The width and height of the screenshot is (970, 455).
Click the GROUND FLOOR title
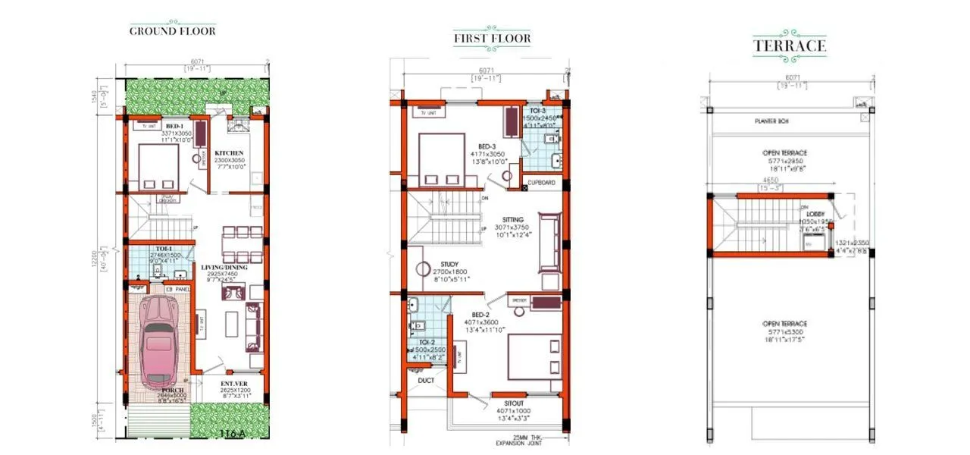(173, 31)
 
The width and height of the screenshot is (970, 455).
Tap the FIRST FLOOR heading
(492, 38)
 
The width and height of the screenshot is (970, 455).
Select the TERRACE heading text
(789, 46)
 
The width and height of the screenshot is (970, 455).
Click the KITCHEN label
(228, 153)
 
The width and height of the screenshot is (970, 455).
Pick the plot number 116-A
(233, 434)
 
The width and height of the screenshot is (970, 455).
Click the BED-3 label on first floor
(487, 146)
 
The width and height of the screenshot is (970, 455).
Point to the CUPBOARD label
(543, 183)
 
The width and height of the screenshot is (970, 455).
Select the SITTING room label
(513, 219)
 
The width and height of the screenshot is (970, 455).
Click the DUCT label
(426, 380)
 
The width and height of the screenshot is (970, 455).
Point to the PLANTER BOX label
(771, 121)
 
